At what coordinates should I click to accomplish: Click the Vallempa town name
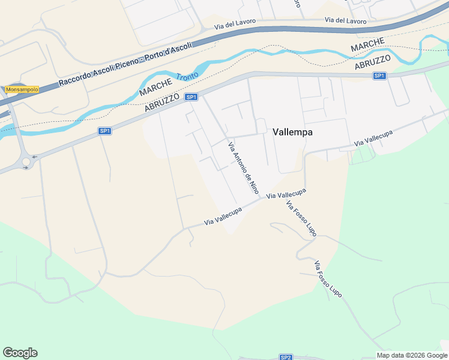pyautogui.click(x=292, y=132)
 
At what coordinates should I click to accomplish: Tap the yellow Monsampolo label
pyautogui.click(x=22, y=89)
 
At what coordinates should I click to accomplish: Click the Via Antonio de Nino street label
pyautogui.click(x=243, y=167)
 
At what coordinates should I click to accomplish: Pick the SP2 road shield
pyautogui.click(x=286, y=357)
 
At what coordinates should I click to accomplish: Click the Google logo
pyautogui.click(x=20, y=353)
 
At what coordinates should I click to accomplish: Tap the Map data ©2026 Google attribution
pyautogui.click(x=412, y=355)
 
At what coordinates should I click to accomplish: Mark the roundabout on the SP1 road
pyautogui.click(x=26, y=161)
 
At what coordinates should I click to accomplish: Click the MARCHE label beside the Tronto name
pyautogui.click(x=156, y=85)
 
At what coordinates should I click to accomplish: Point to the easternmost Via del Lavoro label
pyautogui.click(x=345, y=20)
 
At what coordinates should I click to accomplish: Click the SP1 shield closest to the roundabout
pyautogui.click(x=104, y=131)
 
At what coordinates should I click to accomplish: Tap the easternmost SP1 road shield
pyautogui.click(x=379, y=76)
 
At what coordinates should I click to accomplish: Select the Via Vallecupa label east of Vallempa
pyautogui.click(x=373, y=139)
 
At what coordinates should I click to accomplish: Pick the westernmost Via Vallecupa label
pyautogui.click(x=223, y=217)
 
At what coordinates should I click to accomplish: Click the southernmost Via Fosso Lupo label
pyautogui.click(x=328, y=280)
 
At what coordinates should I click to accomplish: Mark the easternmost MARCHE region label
pyautogui.click(x=367, y=44)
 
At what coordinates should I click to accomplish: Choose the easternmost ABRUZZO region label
pyautogui.click(x=373, y=62)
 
